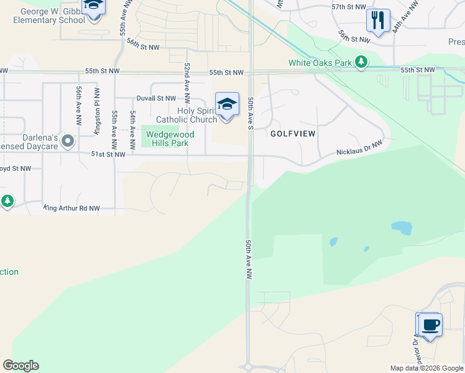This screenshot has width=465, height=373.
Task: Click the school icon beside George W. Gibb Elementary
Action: pyautogui.click(x=94, y=7)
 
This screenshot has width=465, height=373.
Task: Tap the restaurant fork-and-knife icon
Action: pyautogui.click(x=378, y=20)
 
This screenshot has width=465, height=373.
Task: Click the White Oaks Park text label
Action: pyautogui.click(x=320, y=63)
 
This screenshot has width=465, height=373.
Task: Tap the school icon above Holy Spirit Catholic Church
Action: pyautogui.click(x=227, y=104)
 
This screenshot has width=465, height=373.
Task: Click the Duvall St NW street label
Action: pyautogui.click(x=156, y=98)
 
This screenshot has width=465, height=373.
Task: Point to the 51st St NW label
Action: pyautogui.click(x=108, y=154)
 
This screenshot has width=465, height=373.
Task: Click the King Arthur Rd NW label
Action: pyautogui.click(x=71, y=208)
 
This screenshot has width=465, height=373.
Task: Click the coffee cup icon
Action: pyautogui.click(x=430, y=325)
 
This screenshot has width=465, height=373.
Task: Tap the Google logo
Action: pyautogui.click(x=21, y=366)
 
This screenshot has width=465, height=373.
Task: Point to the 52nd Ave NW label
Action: pyautogui.click(x=186, y=83)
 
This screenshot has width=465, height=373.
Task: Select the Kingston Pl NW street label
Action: pyautogui.click(x=97, y=110)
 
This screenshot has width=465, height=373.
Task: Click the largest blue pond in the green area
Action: pyautogui.click(x=402, y=228)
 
